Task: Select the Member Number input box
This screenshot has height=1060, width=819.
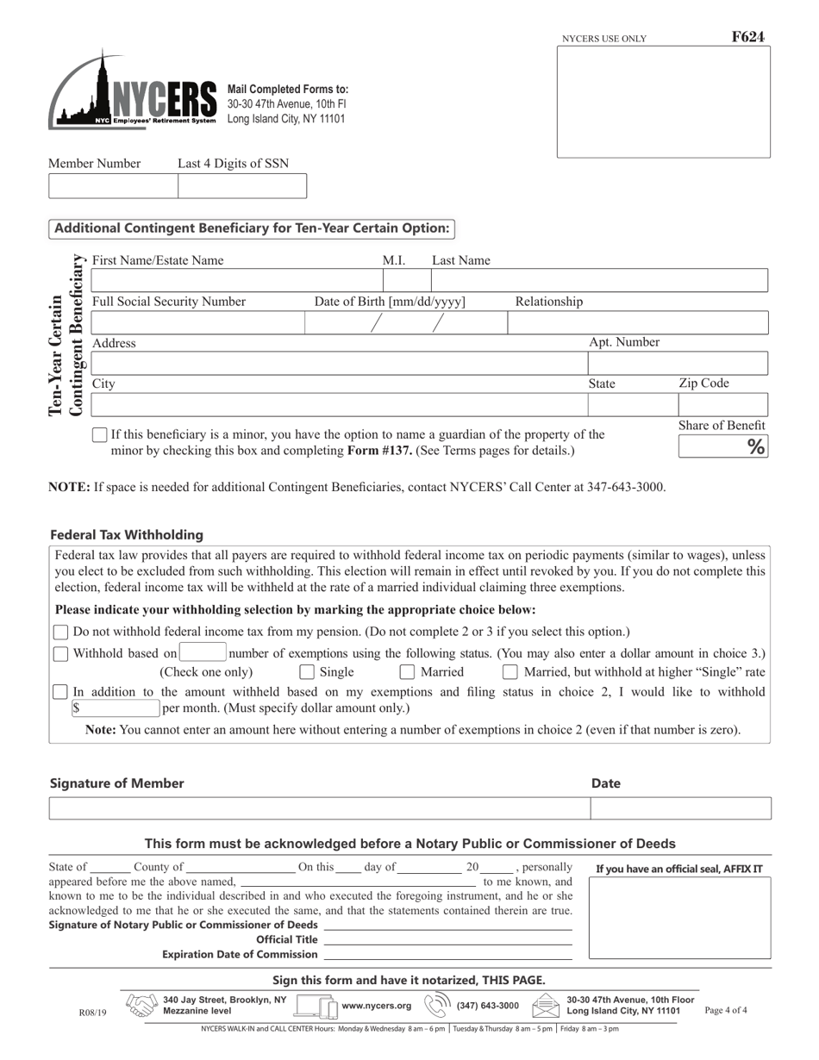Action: pos(113,186)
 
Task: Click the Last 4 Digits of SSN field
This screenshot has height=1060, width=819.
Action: pos(241,186)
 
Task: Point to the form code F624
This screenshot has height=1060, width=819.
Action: pos(747,37)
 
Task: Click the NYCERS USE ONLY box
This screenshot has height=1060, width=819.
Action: pos(663,102)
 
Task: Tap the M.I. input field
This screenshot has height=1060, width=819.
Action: pos(406,281)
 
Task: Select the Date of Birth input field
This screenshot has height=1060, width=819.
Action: pos(405,323)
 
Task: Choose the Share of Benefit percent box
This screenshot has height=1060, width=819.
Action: pos(722,446)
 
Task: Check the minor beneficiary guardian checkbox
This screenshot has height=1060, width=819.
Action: pos(100,435)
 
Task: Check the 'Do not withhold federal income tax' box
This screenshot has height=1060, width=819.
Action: pos(61,633)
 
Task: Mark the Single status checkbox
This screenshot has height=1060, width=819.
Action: pos(307,672)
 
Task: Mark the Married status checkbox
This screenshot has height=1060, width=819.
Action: pos(408,672)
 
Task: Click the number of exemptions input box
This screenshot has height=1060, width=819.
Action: pos(203,653)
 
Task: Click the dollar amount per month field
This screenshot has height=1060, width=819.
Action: pos(117,708)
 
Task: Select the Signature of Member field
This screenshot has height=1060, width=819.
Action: pos(319,808)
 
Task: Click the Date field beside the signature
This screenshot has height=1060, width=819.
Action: pos(680,808)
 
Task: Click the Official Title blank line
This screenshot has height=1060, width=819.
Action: pos(447,940)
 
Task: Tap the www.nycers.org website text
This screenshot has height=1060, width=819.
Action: pos(376,1006)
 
